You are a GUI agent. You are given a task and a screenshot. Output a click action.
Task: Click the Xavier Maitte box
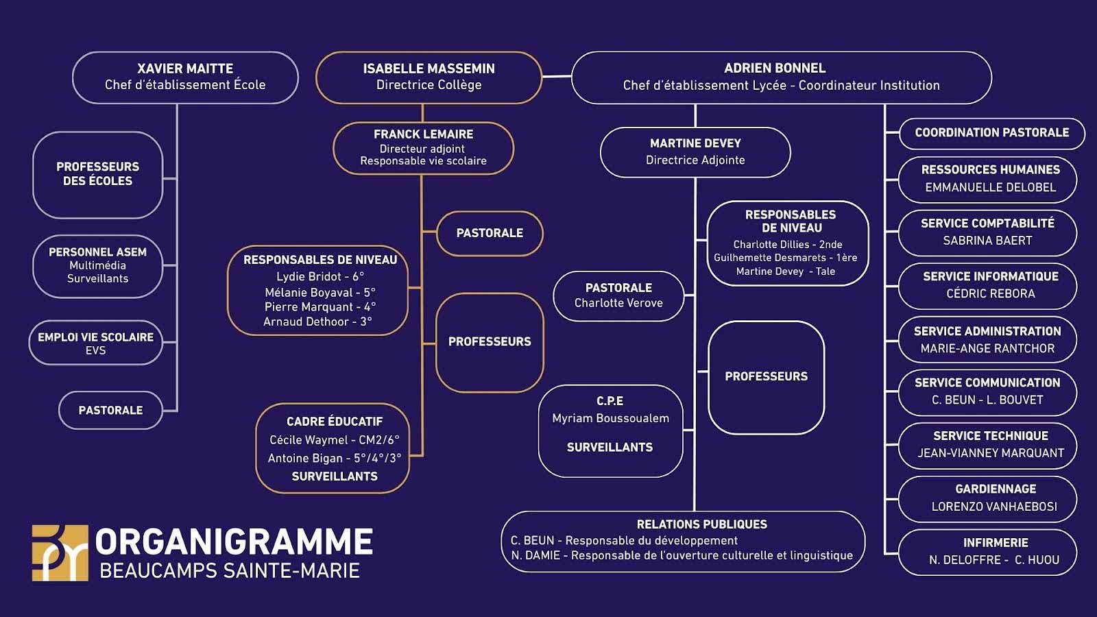[185, 77]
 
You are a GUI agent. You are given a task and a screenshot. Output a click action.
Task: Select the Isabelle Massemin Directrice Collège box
[429, 77]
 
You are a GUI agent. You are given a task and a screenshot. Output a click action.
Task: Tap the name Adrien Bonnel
[775, 68]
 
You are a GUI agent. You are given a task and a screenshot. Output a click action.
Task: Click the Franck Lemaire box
[423, 148]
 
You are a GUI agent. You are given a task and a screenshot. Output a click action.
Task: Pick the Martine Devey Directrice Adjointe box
[695, 152]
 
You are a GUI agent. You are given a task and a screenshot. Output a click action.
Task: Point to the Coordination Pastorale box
[991, 133]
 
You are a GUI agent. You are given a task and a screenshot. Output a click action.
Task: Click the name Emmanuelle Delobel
[990, 187]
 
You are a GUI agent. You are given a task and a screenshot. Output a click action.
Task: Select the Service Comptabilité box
[987, 232]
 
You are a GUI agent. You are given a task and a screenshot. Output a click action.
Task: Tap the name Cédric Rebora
[990, 293]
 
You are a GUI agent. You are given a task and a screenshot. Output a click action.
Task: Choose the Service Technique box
[987, 445]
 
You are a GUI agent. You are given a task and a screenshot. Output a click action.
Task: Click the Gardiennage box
[987, 498]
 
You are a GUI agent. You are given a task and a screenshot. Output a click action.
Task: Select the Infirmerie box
[987, 552]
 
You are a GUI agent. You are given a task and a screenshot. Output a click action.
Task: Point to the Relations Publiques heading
[701, 524]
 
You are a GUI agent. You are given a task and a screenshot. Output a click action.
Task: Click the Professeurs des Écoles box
[97, 174]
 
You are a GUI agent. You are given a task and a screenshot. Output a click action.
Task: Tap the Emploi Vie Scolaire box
[95, 343]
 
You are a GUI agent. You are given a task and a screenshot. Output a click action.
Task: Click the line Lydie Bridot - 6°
[320, 276]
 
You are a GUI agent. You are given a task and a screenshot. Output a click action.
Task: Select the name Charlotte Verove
[618, 303]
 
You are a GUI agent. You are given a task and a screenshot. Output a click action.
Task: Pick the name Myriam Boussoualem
[610, 418]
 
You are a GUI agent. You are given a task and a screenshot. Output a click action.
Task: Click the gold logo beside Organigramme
[60, 553]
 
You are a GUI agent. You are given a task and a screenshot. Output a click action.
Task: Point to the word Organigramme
[234, 542]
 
